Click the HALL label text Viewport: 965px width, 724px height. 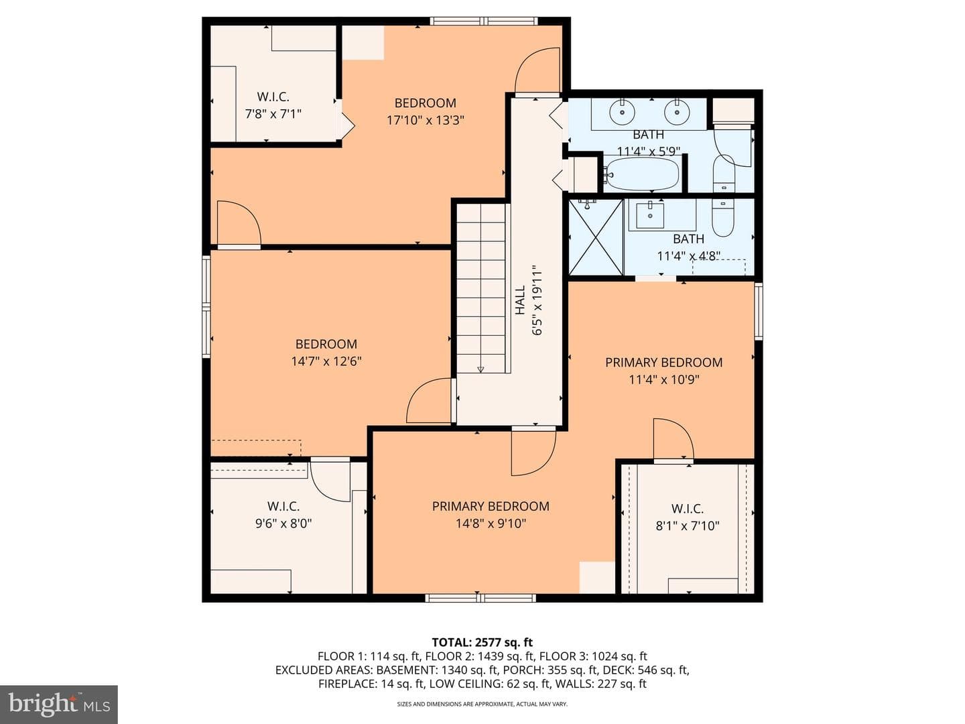coord(520,300)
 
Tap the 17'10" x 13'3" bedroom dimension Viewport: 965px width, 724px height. coord(425,120)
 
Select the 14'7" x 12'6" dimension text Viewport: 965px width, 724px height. coord(326,361)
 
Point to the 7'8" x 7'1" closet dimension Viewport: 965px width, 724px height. coord(273,114)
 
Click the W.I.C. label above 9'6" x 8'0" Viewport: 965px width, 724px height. coord(283,506)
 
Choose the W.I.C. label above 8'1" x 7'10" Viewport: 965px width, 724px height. coord(688,509)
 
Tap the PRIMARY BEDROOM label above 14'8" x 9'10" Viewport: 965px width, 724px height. coord(491,506)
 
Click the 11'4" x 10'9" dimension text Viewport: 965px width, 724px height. coord(664,379)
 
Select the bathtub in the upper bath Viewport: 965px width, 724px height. coord(641,174)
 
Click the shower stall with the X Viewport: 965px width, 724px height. coord(596,237)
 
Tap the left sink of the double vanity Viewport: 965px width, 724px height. coord(623,112)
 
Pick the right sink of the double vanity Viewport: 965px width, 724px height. coord(677,112)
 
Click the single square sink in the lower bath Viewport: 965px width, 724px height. coord(650,215)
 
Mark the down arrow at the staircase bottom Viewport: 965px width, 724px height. coord(480,369)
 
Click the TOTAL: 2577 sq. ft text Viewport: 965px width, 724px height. coord(482,642)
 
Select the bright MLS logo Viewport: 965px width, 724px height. coord(59,705)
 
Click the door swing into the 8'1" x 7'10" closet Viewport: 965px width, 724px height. coord(673,439)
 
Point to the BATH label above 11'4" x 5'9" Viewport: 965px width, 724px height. coord(648,135)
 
